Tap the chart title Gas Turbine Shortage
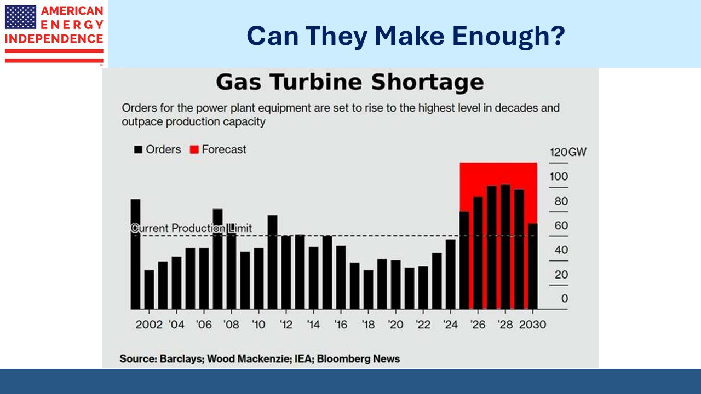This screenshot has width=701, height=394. click(x=349, y=83)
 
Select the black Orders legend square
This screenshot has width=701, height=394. click(x=139, y=149)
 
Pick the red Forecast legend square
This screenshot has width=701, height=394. click(x=194, y=149)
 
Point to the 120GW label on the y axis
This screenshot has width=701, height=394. click(x=567, y=152)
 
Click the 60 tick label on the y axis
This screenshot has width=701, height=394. click(x=561, y=225)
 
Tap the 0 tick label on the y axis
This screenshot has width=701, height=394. click(x=565, y=299)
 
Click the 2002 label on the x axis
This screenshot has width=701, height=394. click(x=149, y=325)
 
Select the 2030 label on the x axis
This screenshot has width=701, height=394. click(x=532, y=325)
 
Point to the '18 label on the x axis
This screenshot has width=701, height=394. click(x=369, y=325)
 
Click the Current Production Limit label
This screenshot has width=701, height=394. click(x=191, y=228)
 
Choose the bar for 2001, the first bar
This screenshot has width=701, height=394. click(x=135, y=254)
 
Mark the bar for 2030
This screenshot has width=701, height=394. click(x=532, y=266)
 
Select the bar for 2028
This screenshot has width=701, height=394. click(x=505, y=247)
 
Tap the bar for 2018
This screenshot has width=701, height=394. click(x=368, y=289)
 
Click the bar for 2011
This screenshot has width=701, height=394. click(x=272, y=262)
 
